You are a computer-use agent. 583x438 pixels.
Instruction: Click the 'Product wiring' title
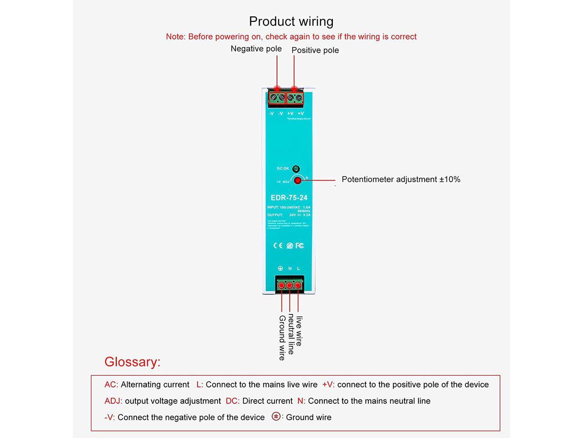point(291,21)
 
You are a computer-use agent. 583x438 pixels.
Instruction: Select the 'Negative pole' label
point(256,49)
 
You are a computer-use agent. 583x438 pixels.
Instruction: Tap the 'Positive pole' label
point(315,50)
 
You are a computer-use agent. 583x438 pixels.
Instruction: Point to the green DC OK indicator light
point(296,169)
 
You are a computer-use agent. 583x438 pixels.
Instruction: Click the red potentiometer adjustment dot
point(297,181)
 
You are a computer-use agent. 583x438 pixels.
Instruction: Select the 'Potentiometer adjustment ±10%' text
point(401,179)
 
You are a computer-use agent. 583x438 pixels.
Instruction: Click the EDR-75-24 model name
point(289,198)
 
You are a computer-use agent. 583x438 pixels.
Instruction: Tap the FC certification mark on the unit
point(300,245)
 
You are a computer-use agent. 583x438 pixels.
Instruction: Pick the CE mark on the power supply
point(278,245)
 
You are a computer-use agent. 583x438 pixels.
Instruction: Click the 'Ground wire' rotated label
point(282,338)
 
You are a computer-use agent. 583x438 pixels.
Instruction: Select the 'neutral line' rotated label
point(291,334)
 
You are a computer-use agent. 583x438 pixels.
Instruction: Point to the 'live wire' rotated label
point(299,331)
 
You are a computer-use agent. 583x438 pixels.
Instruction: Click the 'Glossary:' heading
point(133,362)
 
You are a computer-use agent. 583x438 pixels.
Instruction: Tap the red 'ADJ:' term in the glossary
point(113,401)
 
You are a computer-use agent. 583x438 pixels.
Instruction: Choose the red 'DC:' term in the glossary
point(232,401)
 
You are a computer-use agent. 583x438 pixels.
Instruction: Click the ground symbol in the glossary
point(276,416)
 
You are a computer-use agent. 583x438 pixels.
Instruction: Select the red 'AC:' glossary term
point(111,385)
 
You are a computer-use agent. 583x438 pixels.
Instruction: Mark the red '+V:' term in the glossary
point(328,385)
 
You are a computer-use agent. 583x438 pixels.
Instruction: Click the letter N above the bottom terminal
point(290,268)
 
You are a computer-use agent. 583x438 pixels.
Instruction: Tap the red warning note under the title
point(291,36)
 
